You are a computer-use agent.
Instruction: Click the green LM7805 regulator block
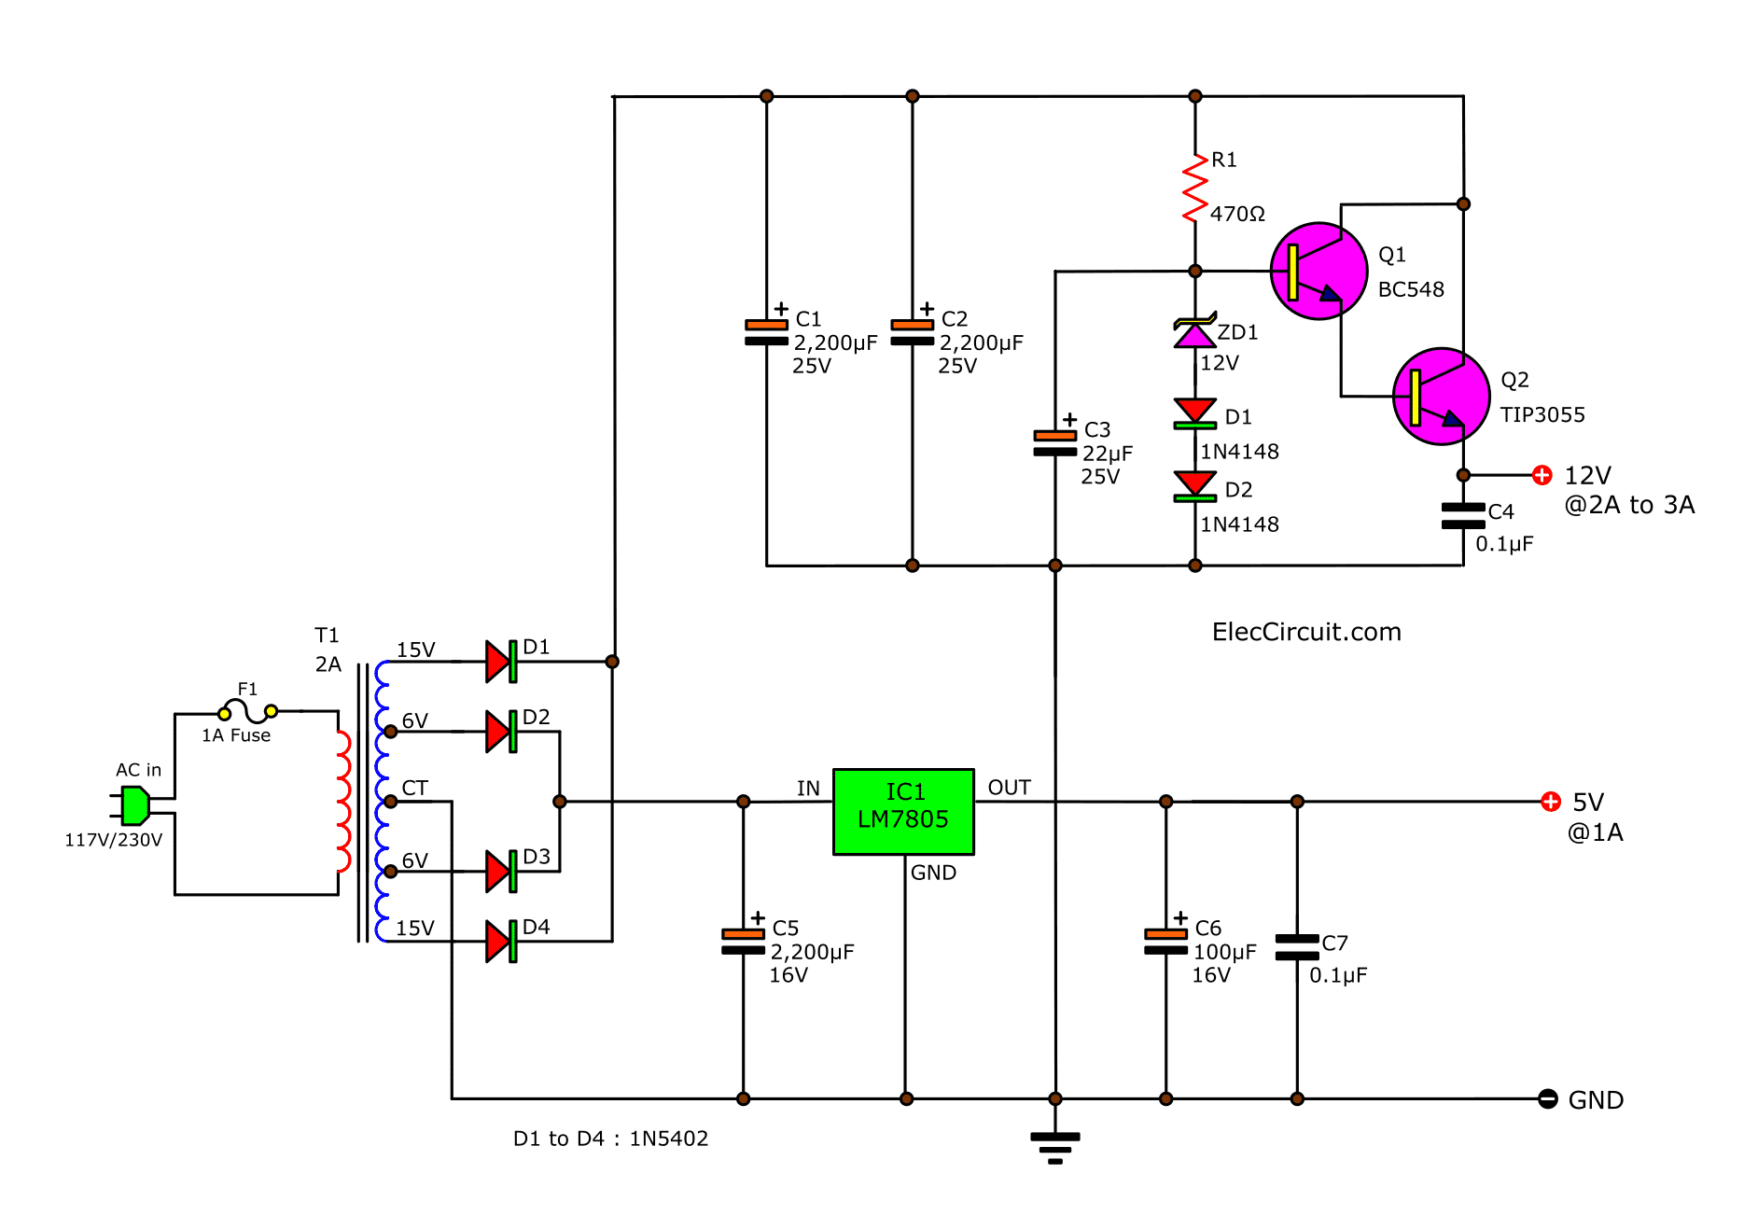(902, 811)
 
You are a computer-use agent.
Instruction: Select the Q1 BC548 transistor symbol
(1318, 271)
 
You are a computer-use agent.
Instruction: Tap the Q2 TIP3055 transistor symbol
(1441, 397)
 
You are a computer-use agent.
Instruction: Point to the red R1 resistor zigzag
(1195, 189)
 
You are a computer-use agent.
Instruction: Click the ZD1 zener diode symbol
(1195, 332)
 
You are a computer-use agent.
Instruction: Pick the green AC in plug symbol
(134, 805)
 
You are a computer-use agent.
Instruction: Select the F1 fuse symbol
(247, 711)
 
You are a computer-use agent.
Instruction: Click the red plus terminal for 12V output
(1542, 475)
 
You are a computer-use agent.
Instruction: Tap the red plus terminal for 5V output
(1550, 802)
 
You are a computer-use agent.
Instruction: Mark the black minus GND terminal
(1547, 1099)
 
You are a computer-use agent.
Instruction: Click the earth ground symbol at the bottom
(1055, 1145)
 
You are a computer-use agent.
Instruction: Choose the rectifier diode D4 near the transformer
(501, 941)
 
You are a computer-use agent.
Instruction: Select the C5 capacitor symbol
(743, 942)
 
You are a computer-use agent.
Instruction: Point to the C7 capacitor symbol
(1297, 947)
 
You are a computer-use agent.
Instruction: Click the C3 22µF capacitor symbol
(1055, 443)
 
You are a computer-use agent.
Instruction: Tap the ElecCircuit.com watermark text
(1305, 632)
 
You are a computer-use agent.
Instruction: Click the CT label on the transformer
(414, 789)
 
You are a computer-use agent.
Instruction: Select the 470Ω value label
(1237, 214)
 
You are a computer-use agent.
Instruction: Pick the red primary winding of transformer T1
(343, 802)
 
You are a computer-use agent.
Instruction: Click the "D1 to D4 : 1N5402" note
(610, 1139)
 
